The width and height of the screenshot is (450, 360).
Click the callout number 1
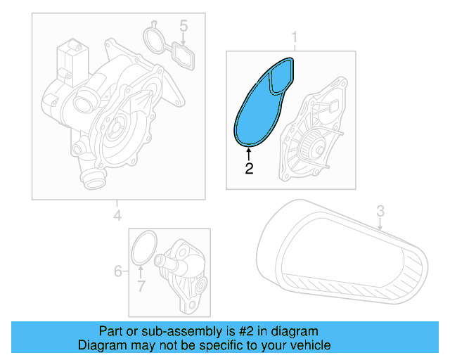(x=295, y=36)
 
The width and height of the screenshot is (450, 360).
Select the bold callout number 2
(x=249, y=168)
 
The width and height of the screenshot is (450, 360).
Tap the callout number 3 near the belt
(x=380, y=210)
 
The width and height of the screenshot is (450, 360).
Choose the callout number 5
(x=184, y=27)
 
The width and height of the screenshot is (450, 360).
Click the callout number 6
(x=118, y=270)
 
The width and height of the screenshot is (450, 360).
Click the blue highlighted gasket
(x=257, y=112)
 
